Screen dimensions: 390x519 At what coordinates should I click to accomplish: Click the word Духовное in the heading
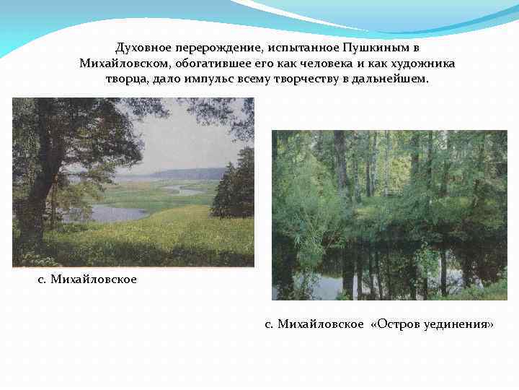143,48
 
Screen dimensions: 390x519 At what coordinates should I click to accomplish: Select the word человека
311,63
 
